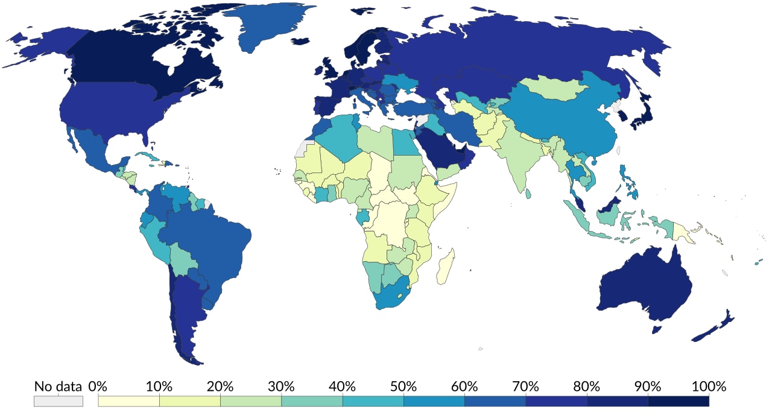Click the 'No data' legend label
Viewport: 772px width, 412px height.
click(x=58, y=386)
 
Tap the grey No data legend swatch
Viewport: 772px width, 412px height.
click(x=58, y=401)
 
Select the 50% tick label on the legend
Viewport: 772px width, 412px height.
click(x=403, y=386)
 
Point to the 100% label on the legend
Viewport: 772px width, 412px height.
click(x=709, y=386)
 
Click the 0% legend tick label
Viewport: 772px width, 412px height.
click(x=97, y=386)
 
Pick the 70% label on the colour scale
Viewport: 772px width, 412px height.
click(x=525, y=386)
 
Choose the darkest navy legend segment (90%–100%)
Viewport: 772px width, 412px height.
click(x=678, y=401)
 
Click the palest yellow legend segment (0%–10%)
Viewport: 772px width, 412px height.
click(x=128, y=401)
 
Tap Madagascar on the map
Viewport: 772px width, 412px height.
click(x=445, y=269)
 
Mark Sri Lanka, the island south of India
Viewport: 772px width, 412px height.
click(x=528, y=194)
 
